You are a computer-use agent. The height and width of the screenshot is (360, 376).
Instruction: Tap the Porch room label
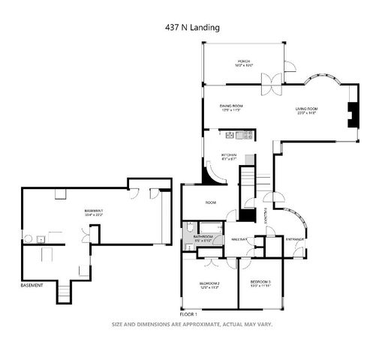[x=244, y=63]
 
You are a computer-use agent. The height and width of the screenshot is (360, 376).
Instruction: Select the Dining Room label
[x=230, y=108]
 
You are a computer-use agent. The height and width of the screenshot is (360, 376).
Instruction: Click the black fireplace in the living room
[x=349, y=114]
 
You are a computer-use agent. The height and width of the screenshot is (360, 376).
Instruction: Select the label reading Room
[x=211, y=202]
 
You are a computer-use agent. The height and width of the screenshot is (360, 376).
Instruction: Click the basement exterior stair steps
[x=66, y=292]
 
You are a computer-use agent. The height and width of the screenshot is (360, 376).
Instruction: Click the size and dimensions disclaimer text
[x=191, y=325]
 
